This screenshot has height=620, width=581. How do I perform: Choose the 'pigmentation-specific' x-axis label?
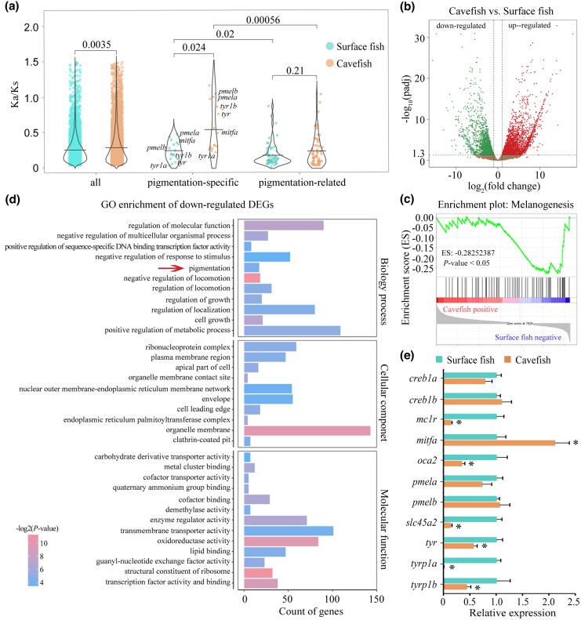194,182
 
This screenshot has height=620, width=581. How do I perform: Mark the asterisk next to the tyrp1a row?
452,565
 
